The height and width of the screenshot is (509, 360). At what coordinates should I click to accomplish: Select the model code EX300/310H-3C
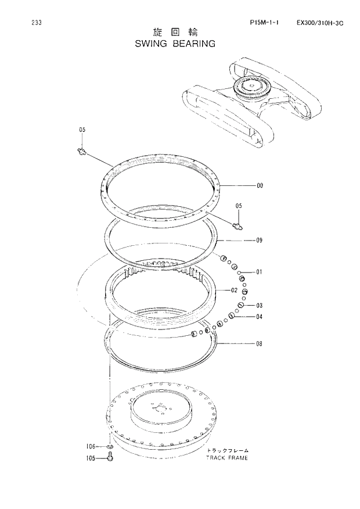coord(320,23)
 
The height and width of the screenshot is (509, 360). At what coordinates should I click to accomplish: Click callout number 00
coord(260,186)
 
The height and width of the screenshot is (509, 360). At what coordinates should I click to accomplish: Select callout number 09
coord(260,240)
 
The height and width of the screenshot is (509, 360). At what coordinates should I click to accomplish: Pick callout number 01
coord(260,272)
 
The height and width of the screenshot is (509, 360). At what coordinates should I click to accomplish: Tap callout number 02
coord(234,290)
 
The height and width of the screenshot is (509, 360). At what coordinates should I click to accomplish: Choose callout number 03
coord(260,306)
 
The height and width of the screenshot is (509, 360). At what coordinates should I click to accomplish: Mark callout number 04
coord(260,317)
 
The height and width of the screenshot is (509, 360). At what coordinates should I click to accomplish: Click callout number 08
coord(260,343)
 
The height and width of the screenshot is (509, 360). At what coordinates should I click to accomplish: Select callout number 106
coord(91,447)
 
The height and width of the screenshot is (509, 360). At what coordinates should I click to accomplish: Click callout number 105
coord(91,458)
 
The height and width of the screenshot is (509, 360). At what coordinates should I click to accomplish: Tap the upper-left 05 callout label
coord(82,130)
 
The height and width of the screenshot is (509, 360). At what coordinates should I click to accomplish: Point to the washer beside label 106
coord(109,447)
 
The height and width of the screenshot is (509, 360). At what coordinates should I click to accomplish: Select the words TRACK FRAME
coord(226,458)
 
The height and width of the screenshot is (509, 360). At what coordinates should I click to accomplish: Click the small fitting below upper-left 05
coord(82,152)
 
